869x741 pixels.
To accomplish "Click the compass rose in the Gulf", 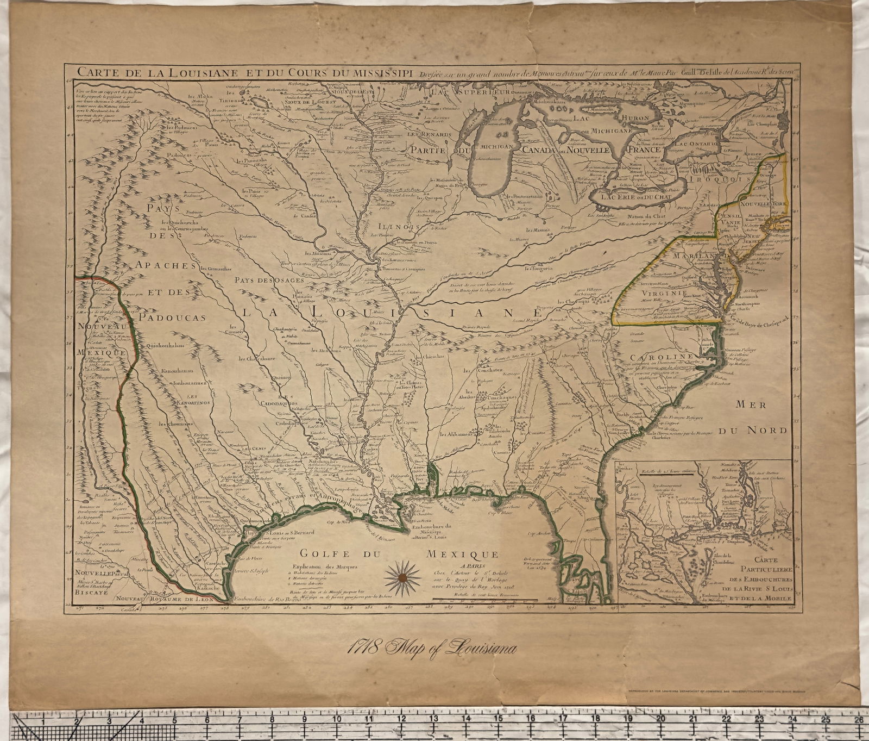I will (402, 577).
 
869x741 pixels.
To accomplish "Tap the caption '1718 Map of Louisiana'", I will (432, 648).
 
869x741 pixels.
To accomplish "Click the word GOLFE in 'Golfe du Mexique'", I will (318, 555).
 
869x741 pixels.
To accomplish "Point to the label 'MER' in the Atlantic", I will (751, 404).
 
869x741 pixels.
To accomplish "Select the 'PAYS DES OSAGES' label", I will (268, 280).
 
